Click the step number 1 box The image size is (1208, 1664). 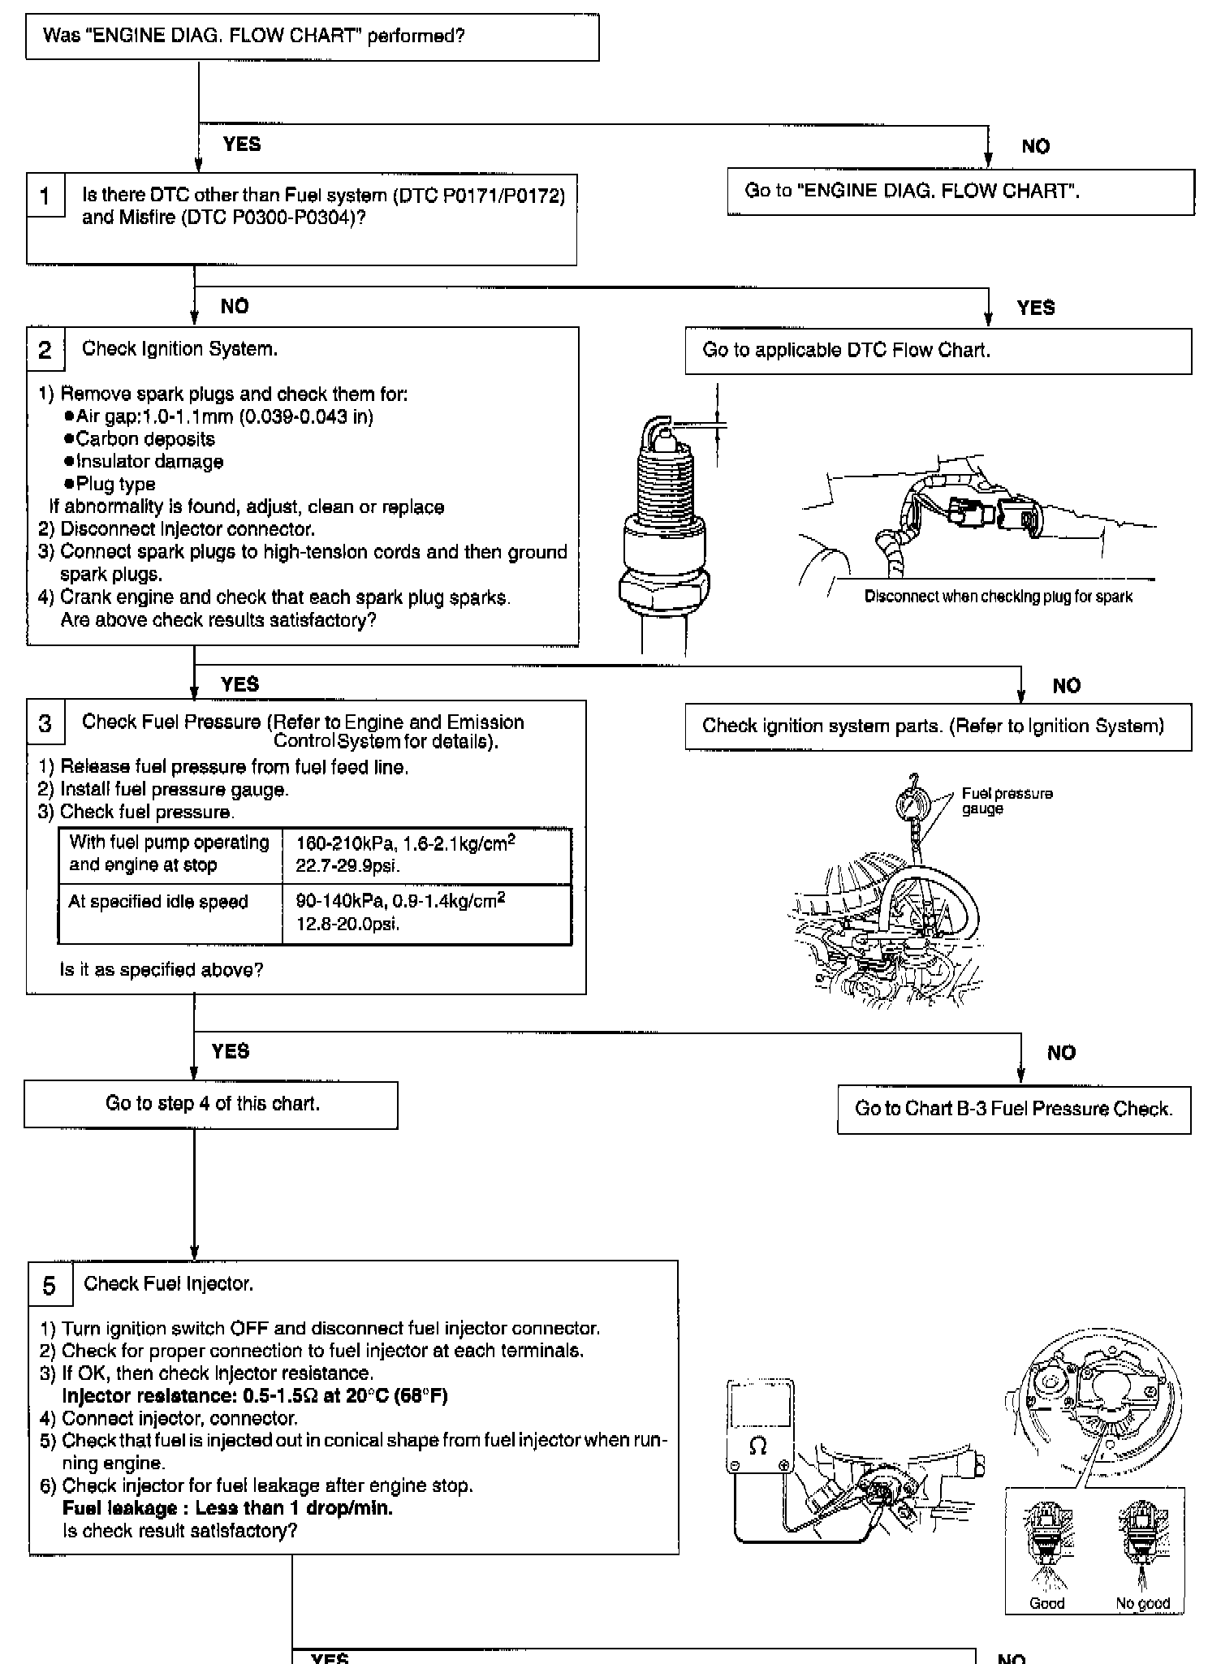[x=45, y=196]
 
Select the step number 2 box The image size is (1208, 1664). [x=45, y=350]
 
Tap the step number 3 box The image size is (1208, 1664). [x=45, y=723]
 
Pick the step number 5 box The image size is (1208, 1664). [x=49, y=1286]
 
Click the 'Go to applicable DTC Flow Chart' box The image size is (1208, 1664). [x=938, y=351]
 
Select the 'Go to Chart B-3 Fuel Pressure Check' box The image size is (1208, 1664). [x=1013, y=1110]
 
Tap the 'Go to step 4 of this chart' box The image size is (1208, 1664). [x=211, y=1104]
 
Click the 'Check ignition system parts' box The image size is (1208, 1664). [x=938, y=726]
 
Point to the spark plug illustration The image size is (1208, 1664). [x=664, y=528]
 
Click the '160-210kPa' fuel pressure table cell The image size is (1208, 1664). [x=426, y=855]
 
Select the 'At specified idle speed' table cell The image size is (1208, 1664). [x=170, y=913]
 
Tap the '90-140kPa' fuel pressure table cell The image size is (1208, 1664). [x=426, y=912]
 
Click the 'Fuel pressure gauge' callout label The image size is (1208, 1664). [x=1006, y=801]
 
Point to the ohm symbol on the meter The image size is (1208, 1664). [x=758, y=1445]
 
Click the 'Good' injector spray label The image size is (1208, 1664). [x=1046, y=1603]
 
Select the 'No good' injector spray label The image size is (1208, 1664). [x=1142, y=1603]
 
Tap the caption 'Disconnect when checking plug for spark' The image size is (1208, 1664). [x=998, y=597]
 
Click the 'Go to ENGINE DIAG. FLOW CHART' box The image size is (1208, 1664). [x=960, y=192]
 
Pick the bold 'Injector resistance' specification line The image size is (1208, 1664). [x=255, y=1395]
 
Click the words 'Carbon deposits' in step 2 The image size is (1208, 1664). [x=145, y=439]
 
